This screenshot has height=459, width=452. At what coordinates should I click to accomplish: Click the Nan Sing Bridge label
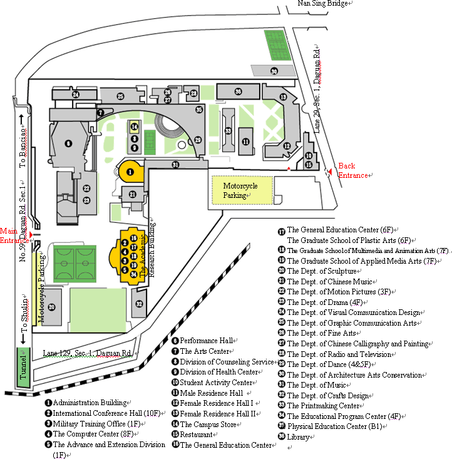[x=323, y=4]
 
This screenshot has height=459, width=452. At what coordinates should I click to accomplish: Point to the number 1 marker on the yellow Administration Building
[x=130, y=170]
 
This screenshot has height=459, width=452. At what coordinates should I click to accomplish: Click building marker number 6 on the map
[x=68, y=143]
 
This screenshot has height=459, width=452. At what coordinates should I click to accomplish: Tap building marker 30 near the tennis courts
[x=274, y=71]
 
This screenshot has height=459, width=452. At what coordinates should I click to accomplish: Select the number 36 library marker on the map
[x=239, y=91]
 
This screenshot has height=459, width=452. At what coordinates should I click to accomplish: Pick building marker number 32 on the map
[x=139, y=304]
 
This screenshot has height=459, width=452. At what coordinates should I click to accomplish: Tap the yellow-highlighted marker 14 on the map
[x=134, y=126]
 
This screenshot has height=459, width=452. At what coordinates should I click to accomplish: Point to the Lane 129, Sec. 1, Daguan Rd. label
[x=88, y=353]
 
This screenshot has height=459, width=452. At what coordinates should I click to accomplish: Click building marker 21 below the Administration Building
[x=133, y=195]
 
